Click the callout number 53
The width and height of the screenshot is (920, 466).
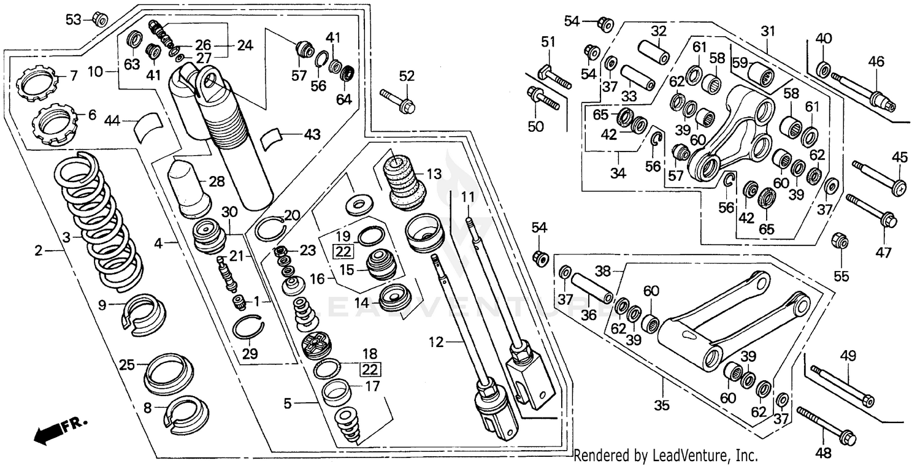pyautogui.click(x=73, y=20)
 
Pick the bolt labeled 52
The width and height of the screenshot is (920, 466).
pyautogui.click(x=397, y=102)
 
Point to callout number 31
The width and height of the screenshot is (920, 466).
pyautogui.click(x=769, y=31)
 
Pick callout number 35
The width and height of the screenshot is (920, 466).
pyautogui.click(x=663, y=405)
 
